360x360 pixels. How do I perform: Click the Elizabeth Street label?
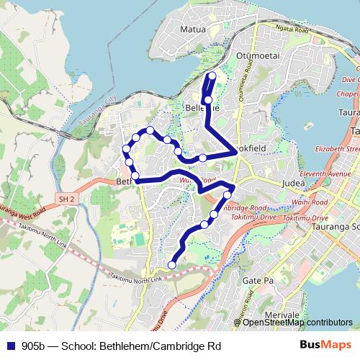tap(336, 148)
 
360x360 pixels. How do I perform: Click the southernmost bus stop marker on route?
tap(171, 265)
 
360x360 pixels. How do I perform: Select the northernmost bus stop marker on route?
tap(212, 76)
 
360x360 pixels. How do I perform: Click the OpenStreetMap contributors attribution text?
tap(297, 322)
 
